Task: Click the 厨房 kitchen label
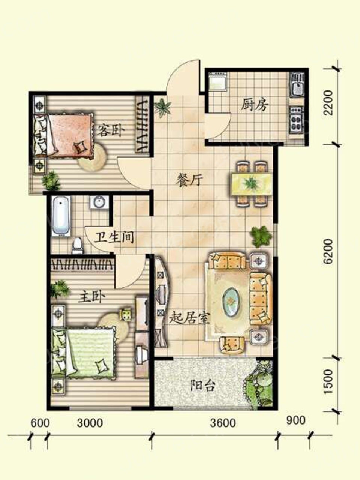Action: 255,106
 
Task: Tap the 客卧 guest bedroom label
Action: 109,130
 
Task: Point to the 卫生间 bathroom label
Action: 114,237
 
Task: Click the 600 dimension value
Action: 40,423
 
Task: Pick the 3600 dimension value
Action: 223,423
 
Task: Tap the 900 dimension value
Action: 296,420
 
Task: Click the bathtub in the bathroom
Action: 61,216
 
